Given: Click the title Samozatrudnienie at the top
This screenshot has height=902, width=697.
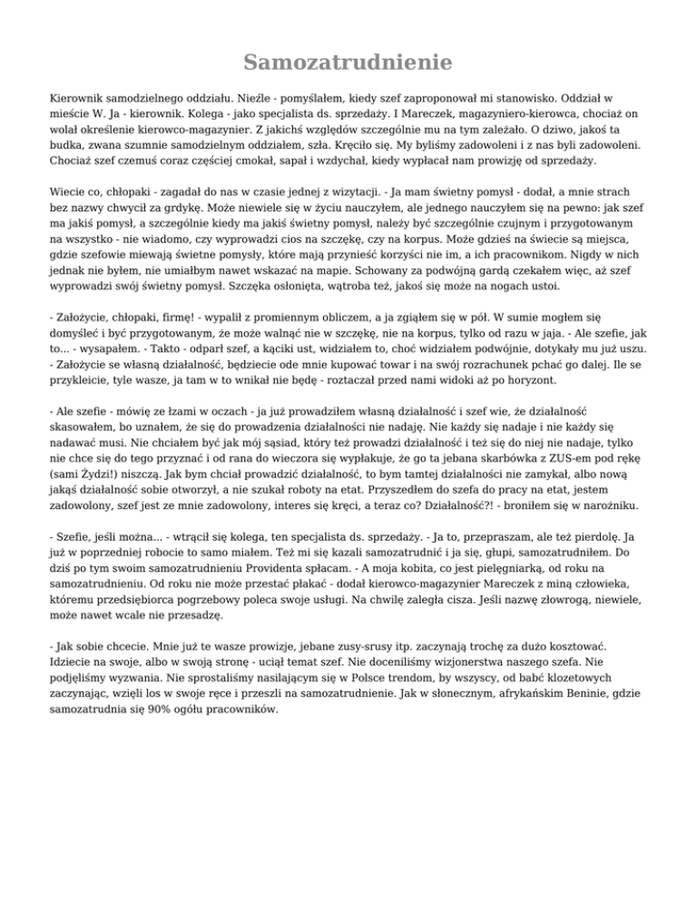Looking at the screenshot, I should (x=348, y=63).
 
